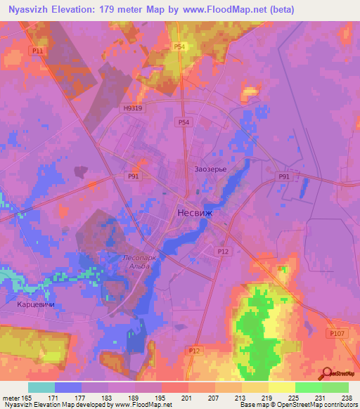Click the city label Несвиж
tap(193, 212)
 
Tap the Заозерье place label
tap(209, 169)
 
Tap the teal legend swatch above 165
tap(41, 387)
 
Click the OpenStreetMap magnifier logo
tap(326, 375)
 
